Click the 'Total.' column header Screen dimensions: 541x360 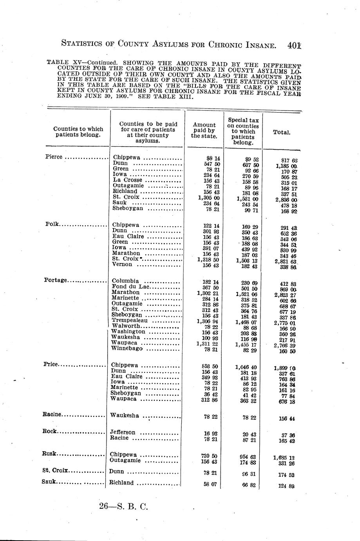coord(281,133)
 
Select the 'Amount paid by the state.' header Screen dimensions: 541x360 coord(204,131)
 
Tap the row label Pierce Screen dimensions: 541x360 coord(54,157)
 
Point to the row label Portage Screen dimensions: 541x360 coord(56,280)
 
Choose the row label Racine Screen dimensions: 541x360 coord(52,414)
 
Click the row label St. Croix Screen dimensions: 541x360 coord(55,470)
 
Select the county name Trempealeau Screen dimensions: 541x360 coord(130,320)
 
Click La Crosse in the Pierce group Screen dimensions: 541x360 coord(128,180)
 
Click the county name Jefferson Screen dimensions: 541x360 coord(123,432)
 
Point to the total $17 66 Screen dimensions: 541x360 coord(289,160)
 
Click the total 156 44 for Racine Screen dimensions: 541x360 coord(286,419)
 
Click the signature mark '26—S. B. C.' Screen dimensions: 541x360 coord(123,507)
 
